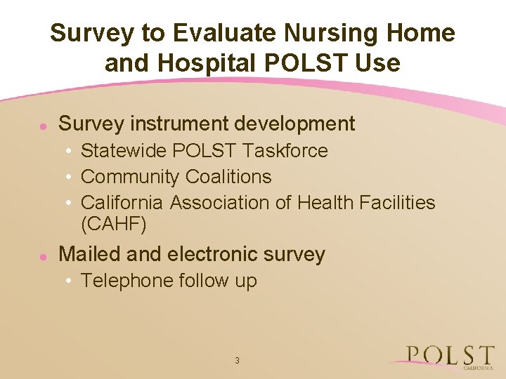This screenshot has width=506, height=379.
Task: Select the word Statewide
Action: tap(124, 151)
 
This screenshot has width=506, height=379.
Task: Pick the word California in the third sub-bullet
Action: tap(122, 203)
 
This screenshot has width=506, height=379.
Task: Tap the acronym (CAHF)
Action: tap(113, 225)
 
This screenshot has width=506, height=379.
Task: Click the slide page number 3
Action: tap(237, 361)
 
